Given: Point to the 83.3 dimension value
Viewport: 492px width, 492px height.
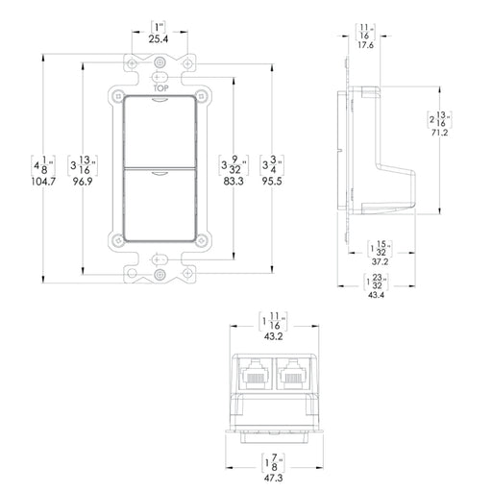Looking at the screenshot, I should pos(231,181).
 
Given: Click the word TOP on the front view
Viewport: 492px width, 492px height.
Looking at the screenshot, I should pos(160,87).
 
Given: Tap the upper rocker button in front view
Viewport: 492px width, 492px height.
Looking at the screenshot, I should pos(160,133).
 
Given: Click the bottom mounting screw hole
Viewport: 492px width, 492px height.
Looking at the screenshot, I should pos(160,258).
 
